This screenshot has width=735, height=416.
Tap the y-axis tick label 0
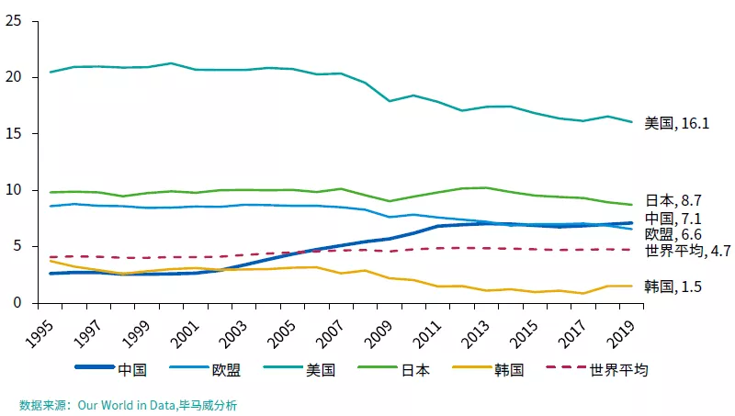[17, 303]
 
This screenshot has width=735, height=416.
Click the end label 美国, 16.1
[676, 123]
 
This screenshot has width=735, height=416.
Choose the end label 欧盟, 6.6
[673, 234]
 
